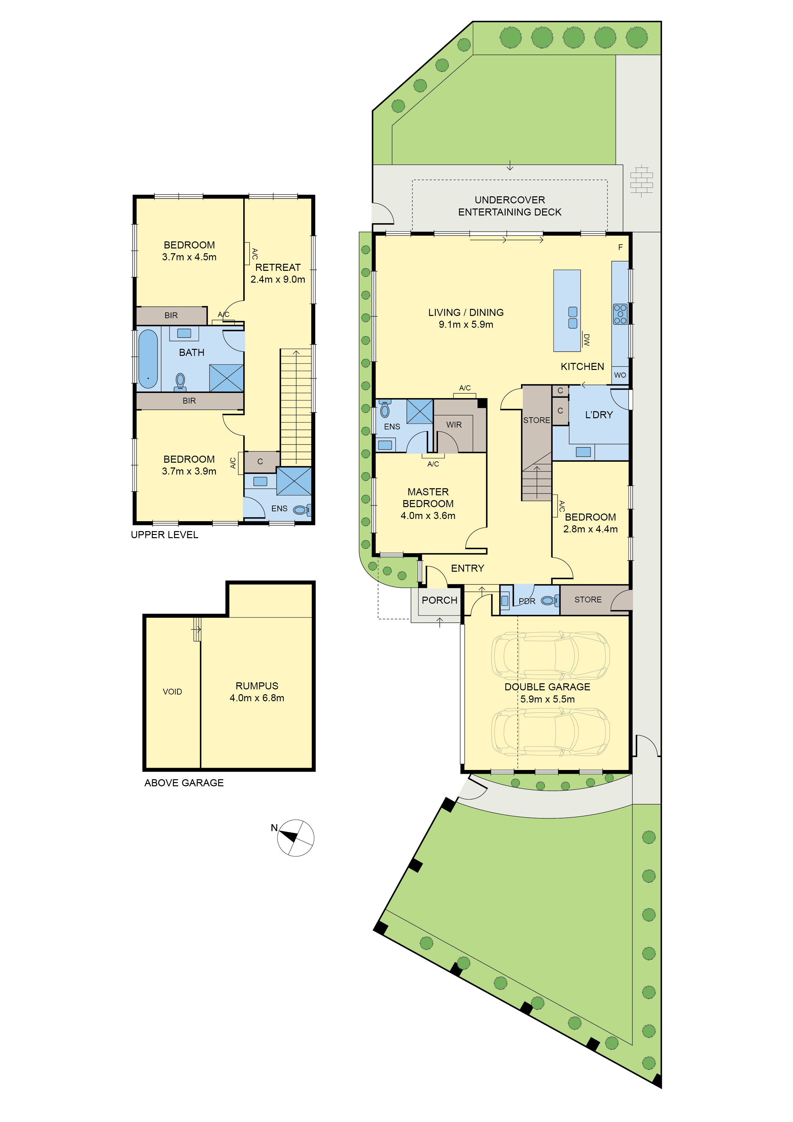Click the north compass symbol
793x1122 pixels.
(x=295, y=838)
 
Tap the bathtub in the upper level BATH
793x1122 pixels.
(x=148, y=359)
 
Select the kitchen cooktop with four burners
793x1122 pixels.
(x=620, y=314)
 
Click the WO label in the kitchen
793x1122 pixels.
(x=620, y=375)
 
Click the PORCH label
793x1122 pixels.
(x=439, y=600)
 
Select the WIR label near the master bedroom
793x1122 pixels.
(x=454, y=425)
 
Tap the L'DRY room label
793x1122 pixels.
(x=599, y=415)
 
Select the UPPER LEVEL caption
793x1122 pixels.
(x=164, y=535)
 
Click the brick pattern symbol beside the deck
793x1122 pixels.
(x=641, y=181)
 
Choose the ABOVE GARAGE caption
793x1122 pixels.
(x=184, y=783)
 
